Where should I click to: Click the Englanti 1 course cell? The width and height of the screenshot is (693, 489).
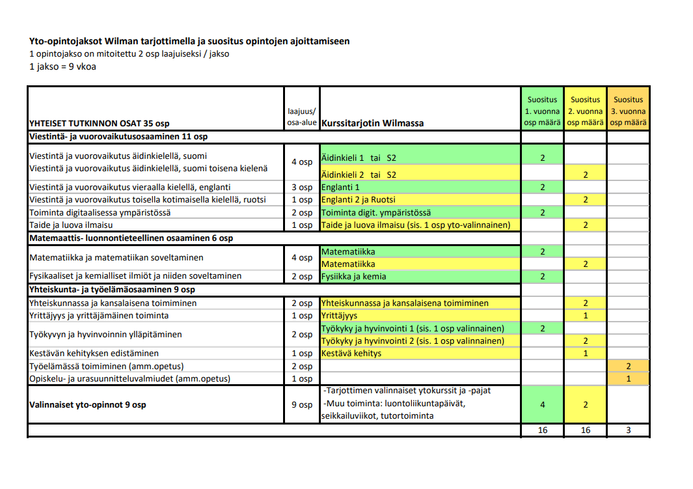pos(420,188)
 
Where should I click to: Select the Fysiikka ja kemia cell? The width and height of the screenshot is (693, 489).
pos(420,276)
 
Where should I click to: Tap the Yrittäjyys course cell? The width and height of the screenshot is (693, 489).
pos(420,315)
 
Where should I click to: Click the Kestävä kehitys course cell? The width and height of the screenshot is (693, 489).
pos(420,353)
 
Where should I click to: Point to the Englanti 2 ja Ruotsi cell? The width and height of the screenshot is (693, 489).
pos(420,200)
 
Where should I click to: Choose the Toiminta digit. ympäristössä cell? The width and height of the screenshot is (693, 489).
pos(420,213)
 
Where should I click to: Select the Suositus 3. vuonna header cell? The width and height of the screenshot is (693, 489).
pos(628,110)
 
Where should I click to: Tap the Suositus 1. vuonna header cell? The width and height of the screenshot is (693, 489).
pos(542,110)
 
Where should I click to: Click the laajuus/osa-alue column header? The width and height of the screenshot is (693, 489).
pos(302,117)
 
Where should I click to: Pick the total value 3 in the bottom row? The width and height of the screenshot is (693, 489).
pos(628,430)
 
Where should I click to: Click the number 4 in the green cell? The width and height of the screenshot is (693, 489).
pos(542,404)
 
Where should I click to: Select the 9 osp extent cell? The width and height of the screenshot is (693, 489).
pos(302,404)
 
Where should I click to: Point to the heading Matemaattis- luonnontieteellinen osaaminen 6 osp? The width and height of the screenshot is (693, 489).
pos(131,238)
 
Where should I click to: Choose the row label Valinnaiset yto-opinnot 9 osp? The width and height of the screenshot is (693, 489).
pos(87,404)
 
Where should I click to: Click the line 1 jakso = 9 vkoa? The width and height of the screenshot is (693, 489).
pos(62,66)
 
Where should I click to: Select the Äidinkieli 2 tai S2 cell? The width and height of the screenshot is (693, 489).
pos(420,175)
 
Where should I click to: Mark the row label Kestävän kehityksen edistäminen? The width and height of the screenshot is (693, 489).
pos(94,353)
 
